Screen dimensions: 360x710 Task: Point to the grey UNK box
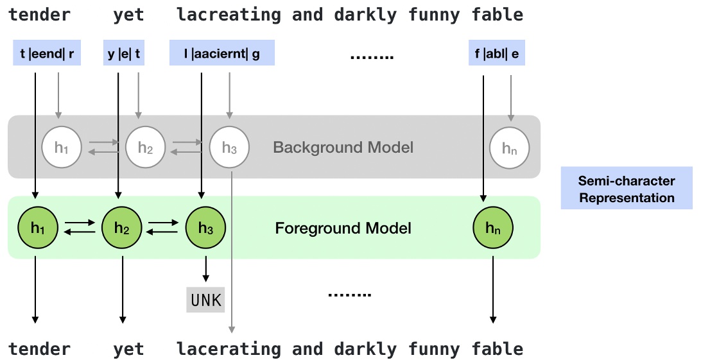pyautogui.click(x=206, y=300)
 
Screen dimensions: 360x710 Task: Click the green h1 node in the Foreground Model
pyautogui.click(x=39, y=227)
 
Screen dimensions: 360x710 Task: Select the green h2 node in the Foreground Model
pyautogui.click(x=123, y=227)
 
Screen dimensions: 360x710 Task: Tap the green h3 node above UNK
pyautogui.click(x=205, y=227)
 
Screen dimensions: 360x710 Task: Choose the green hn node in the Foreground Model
pyautogui.click(x=493, y=227)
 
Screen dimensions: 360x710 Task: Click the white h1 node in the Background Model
pyautogui.click(x=61, y=148)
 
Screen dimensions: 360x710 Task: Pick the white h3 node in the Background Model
pyautogui.click(x=229, y=148)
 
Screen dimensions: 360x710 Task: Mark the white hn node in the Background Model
pyautogui.click(x=510, y=148)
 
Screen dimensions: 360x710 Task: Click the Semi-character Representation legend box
pyautogui.click(x=627, y=189)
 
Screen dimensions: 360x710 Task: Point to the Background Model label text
pyautogui.click(x=343, y=148)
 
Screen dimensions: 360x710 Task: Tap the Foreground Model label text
pyautogui.click(x=343, y=228)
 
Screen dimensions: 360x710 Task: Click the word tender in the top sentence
pyautogui.click(x=39, y=15)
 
